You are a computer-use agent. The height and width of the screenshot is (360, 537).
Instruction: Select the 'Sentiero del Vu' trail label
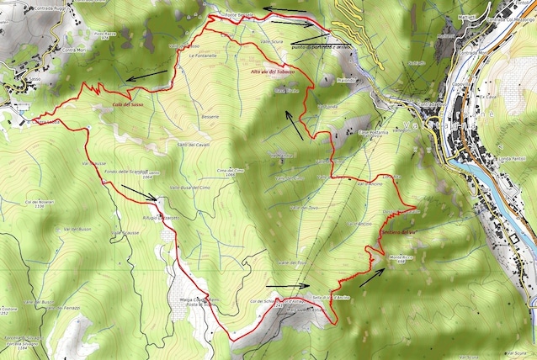399,231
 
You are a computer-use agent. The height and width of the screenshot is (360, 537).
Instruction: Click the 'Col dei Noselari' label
39,203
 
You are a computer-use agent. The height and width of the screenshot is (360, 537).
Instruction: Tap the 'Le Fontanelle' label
202,56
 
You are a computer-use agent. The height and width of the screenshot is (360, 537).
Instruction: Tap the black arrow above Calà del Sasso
149,77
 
